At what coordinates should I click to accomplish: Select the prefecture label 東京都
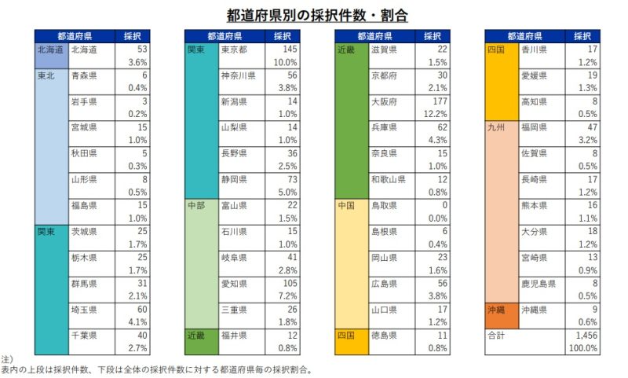234,50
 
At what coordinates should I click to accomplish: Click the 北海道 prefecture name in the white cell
84,50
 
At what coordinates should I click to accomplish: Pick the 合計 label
497,335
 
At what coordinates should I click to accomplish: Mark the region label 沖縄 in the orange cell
496,309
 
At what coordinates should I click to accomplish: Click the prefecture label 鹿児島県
538,283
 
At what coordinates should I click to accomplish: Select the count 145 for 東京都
289,50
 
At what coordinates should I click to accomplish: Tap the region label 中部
196,205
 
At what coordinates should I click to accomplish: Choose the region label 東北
46,75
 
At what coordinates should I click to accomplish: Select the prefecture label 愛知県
234,283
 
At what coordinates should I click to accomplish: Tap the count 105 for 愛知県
289,283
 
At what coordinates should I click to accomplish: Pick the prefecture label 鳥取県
384,205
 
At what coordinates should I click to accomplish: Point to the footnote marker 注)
7,358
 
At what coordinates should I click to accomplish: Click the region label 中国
346,205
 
